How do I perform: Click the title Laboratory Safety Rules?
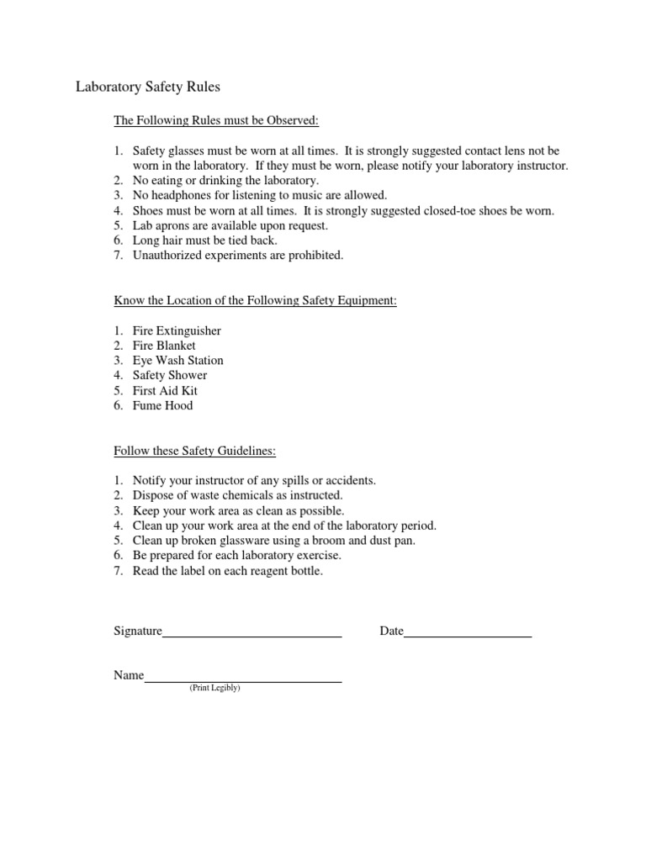(x=148, y=86)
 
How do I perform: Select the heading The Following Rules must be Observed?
(x=216, y=121)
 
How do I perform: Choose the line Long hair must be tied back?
(x=204, y=240)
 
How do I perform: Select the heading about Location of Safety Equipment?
(x=255, y=301)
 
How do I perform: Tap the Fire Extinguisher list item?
(x=177, y=330)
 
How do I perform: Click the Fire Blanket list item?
(x=164, y=346)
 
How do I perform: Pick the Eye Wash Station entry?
(x=177, y=361)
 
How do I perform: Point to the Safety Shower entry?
(x=169, y=376)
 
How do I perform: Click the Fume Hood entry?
(x=162, y=406)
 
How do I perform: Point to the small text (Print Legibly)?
(x=214, y=688)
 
